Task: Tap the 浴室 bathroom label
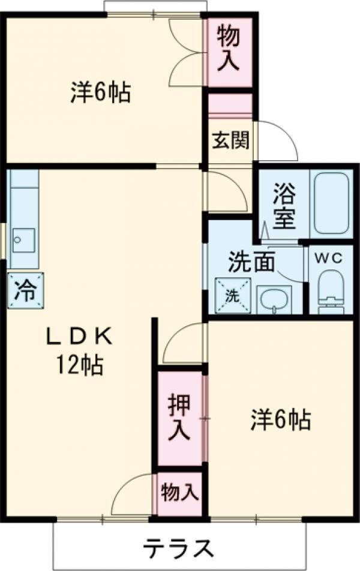click(x=284, y=206)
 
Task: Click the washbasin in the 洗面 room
click(x=274, y=298)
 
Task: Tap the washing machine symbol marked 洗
click(x=232, y=295)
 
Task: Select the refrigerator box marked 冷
click(x=26, y=290)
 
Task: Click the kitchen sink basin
click(x=23, y=240)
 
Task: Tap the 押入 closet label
click(x=179, y=417)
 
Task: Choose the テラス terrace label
click(x=179, y=547)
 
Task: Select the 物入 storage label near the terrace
click(x=179, y=493)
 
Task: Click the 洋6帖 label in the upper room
click(x=101, y=92)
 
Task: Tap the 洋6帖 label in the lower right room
click(x=280, y=419)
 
